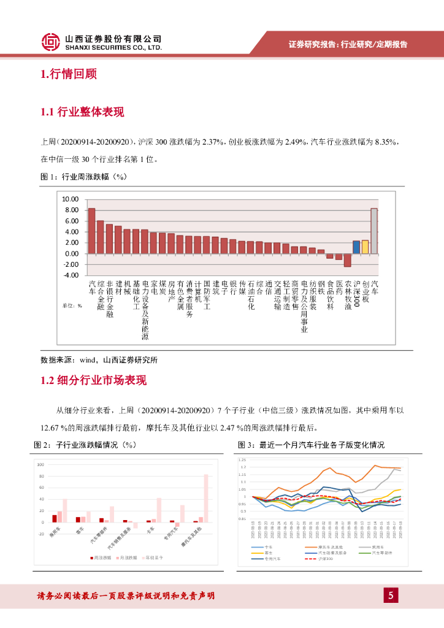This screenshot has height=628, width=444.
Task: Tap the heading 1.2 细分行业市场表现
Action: (x=94, y=380)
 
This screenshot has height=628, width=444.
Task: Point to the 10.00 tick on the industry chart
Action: (x=71, y=199)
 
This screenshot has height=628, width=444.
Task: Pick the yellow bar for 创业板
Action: (x=365, y=247)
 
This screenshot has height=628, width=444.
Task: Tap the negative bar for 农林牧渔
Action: (x=347, y=260)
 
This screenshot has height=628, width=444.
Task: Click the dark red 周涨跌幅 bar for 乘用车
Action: (x=55, y=518)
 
